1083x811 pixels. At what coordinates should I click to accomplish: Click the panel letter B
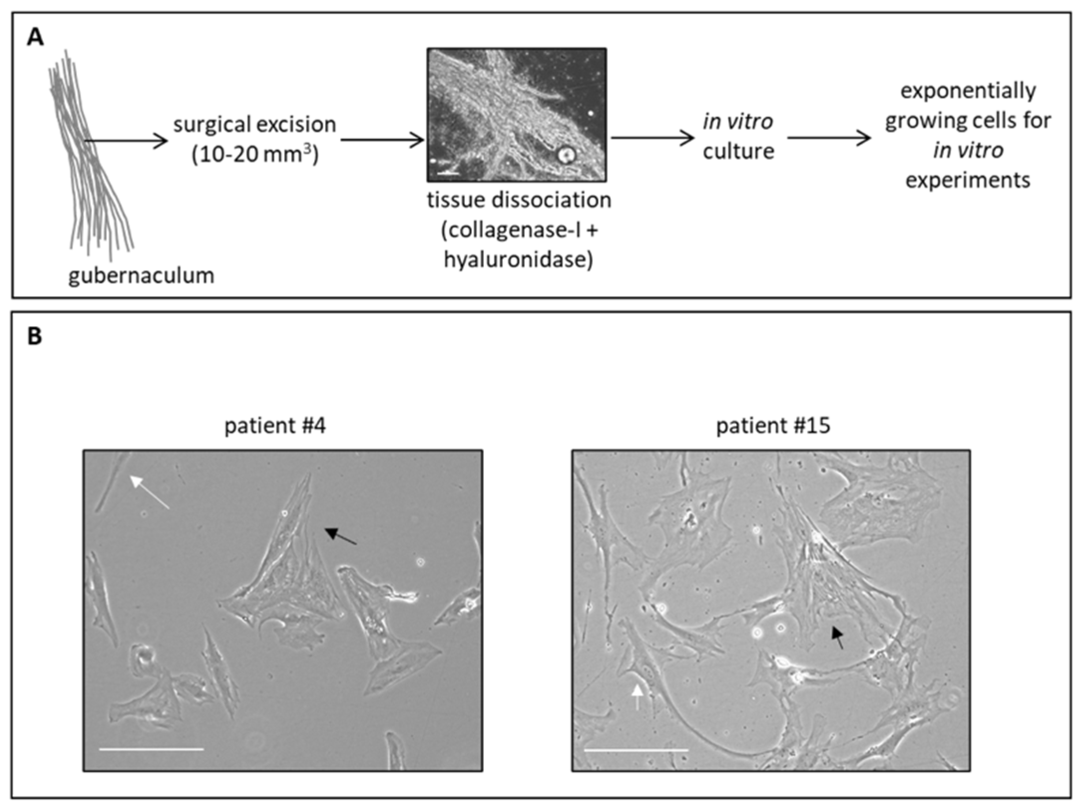click(34, 336)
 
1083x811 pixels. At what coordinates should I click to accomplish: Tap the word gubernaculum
click(141, 276)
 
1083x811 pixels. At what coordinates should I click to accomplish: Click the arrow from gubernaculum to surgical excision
click(127, 141)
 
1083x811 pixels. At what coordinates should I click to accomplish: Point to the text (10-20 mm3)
click(255, 155)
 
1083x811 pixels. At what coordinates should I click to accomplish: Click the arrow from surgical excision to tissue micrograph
click(382, 140)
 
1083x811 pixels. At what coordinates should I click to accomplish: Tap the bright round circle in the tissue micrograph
click(566, 155)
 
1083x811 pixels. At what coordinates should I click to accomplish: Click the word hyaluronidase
click(518, 260)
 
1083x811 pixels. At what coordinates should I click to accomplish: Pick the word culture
click(738, 151)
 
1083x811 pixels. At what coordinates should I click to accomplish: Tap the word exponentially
click(968, 91)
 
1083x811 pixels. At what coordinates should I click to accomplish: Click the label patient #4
click(275, 426)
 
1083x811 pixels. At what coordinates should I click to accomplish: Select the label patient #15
click(773, 426)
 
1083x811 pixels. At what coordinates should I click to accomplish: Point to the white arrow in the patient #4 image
click(149, 492)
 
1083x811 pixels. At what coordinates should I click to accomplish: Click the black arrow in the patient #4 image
click(341, 536)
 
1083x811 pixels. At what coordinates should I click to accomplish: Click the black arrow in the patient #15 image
click(838, 638)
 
